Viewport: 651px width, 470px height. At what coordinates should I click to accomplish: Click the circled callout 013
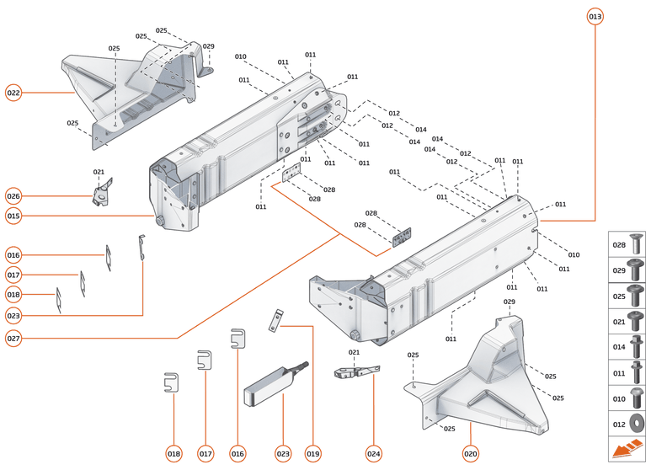click(595, 16)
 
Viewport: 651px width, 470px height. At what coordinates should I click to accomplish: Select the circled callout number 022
click(13, 93)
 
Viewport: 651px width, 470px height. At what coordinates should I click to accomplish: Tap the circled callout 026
click(13, 196)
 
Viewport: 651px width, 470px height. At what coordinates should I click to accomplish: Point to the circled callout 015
click(13, 216)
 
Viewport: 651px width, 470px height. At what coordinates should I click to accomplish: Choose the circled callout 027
click(13, 339)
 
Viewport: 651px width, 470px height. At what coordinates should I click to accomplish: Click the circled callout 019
click(313, 454)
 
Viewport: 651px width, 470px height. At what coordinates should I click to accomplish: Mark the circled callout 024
click(373, 454)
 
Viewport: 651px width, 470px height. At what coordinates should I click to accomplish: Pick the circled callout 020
click(470, 454)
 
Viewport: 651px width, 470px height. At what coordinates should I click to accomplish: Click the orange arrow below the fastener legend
click(627, 450)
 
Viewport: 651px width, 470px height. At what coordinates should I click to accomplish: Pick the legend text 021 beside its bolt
click(619, 322)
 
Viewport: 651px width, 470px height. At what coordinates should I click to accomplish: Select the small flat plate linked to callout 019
click(275, 319)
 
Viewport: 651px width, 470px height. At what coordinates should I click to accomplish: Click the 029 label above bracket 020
click(509, 302)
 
